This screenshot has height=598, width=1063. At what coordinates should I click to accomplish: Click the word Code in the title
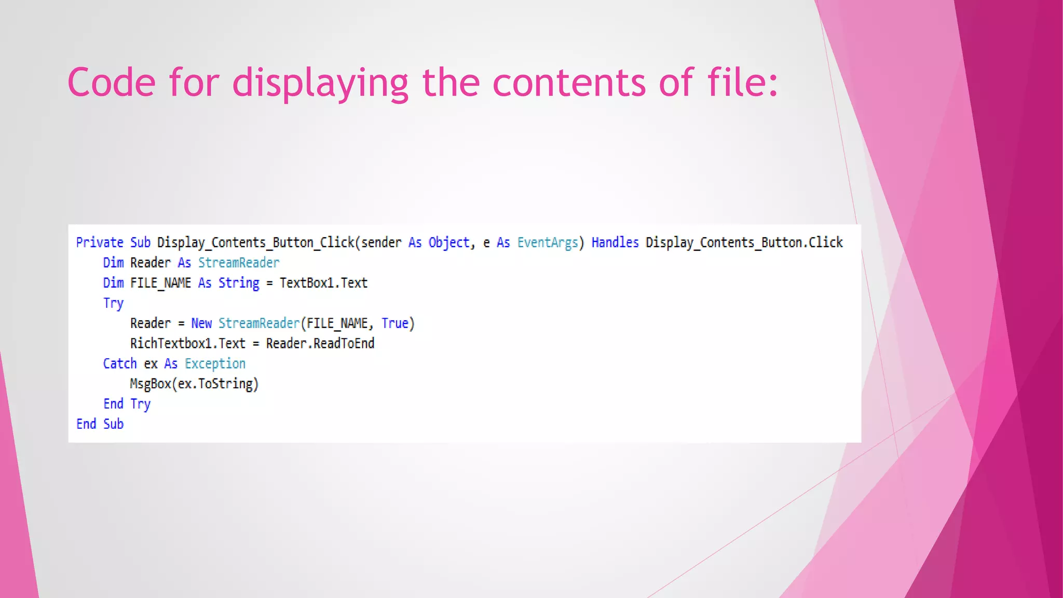pyautogui.click(x=111, y=83)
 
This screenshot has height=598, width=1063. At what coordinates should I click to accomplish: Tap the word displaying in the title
pyautogui.click(x=320, y=83)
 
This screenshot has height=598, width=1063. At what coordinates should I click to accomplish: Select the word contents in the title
pyautogui.click(x=569, y=83)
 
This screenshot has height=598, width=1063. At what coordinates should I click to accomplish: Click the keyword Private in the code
pyautogui.click(x=100, y=242)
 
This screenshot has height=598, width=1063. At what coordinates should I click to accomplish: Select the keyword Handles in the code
pyautogui.click(x=615, y=242)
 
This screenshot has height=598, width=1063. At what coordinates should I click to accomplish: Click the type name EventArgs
pyautogui.click(x=548, y=242)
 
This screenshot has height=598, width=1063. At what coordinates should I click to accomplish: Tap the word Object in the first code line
pyautogui.click(x=448, y=242)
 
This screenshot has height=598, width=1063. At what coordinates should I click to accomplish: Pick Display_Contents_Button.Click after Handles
pyautogui.click(x=744, y=242)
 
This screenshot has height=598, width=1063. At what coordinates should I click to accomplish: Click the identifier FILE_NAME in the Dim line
pyautogui.click(x=160, y=283)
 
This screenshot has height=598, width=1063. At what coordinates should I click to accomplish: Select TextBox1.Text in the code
pyautogui.click(x=323, y=283)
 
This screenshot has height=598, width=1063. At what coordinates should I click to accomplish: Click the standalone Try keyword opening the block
pyautogui.click(x=113, y=303)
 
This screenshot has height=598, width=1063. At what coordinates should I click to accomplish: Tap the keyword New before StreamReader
pyautogui.click(x=201, y=323)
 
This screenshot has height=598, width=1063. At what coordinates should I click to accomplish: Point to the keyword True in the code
pyautogui.click(x=395, y=323)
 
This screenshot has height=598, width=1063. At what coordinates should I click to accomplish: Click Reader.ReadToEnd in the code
pyautogui.click(x=320, y=344)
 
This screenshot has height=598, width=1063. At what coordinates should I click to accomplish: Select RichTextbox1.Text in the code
pyautogui.click(x=187, y=344)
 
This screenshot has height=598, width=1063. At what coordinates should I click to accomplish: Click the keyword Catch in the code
pyautogui.click(x=120, y=364)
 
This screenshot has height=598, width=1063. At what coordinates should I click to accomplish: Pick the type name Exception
pyautogui.click(x=215, y=364)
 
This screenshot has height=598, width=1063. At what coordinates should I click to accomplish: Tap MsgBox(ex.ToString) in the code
pyautogui.click(x=194, y=384)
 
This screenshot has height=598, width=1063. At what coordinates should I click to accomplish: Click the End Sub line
pyautogui.click(x=100, y=424)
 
